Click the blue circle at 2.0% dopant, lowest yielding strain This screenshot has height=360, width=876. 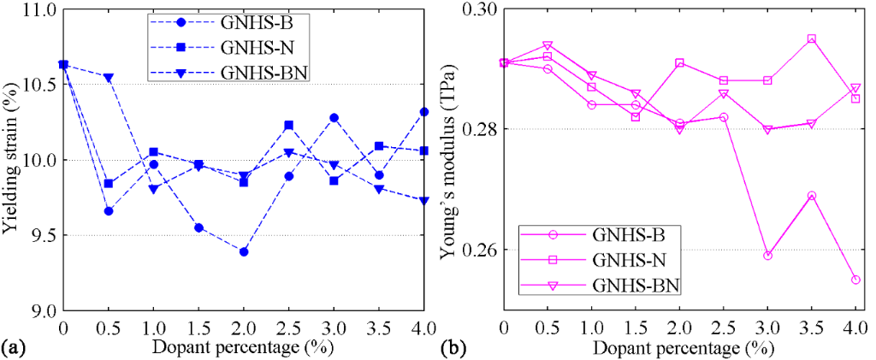pos(244,251)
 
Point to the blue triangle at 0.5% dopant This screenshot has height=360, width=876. pos(108,77)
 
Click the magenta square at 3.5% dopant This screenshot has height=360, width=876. pos(811,38)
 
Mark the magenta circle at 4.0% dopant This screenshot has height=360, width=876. pos(855,280)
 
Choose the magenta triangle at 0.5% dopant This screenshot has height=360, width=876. pos(547,45)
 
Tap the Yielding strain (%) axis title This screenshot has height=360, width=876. pos(11,160)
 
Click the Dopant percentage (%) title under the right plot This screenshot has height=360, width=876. pos(678,348)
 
